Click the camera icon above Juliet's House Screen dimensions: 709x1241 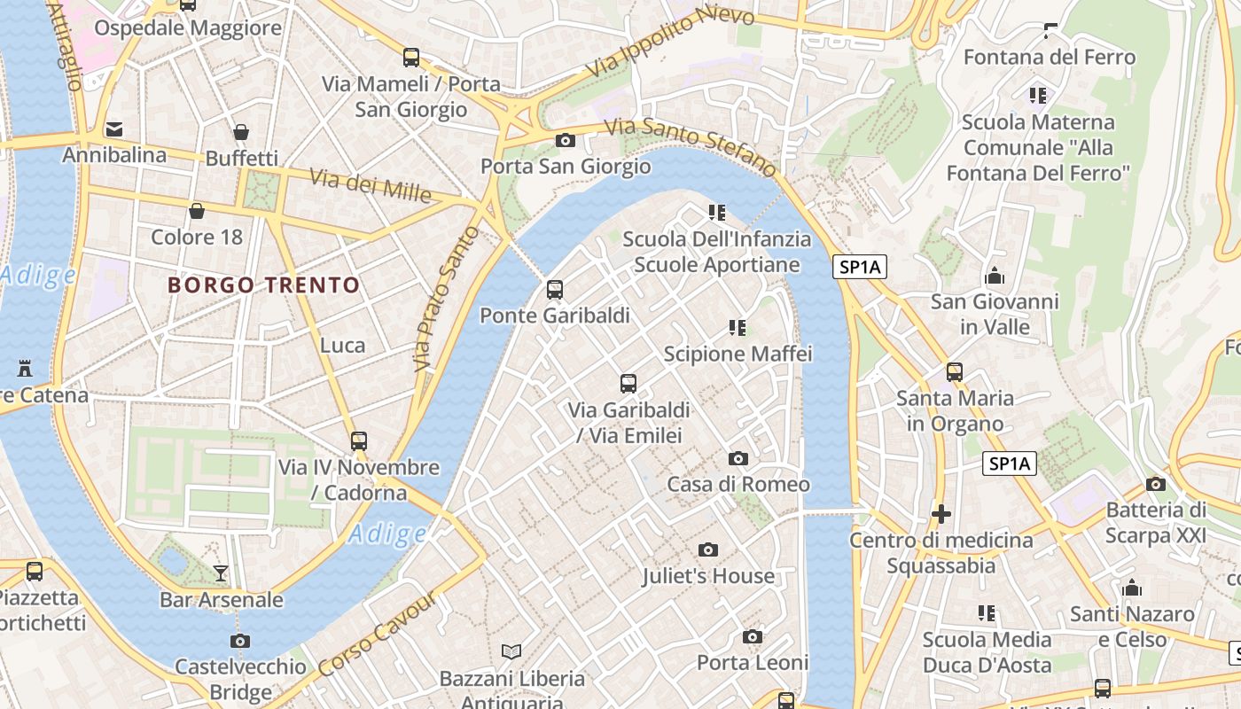pyautogui.click(x=707, y=549)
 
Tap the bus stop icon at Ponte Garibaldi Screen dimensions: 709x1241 pyautogui.click(x=555, y=289)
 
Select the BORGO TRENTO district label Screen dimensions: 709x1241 pyautogui.click(x=263, y=285)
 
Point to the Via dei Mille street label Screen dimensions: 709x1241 pyautogui.click(x=371, y=185)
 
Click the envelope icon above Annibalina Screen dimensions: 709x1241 pyautogui.click(x=114, y=129)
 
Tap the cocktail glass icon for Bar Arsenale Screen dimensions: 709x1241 pyautogui.click(x=221, y=573)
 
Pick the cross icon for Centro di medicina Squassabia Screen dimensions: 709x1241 pyautogui.click(x=941, y=513)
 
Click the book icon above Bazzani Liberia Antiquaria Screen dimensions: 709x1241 pyautogui.click(x=511, y=652)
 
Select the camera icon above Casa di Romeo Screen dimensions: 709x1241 pyautogui.click(x=738, y=458)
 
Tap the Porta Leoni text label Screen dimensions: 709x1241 pyautogui.click(x=753, y=663)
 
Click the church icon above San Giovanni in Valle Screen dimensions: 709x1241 pyautogui.click(x=995, y=276)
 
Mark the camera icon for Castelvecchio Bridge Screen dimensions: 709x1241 pyautogui.click(x=240, y=641)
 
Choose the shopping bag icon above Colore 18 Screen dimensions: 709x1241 pyautogui.click(x=197, y=211)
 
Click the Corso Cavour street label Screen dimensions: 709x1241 pyautogui.click(x=376, y=634)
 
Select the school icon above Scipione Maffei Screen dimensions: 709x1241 pyautogui.click(x=738, y=328)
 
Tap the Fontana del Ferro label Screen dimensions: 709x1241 pyautogui.click(x=1050, y=58)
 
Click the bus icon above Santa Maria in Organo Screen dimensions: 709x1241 pyautogui.click(x=955, y=372)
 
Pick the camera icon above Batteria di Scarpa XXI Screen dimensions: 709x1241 pyautogui.click(x=1155, y=484)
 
